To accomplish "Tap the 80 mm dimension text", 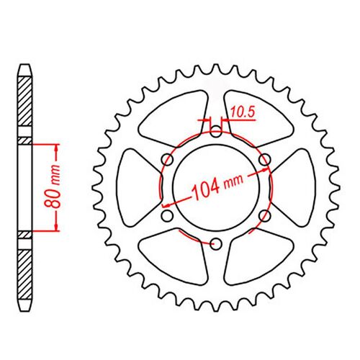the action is point(52,186).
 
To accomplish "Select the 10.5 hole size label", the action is point(243,112).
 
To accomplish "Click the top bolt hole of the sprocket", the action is point(216,132).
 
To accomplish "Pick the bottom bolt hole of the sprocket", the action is point(216,244).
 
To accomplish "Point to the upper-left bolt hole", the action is point(168,160).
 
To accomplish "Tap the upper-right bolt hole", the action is point(265,160).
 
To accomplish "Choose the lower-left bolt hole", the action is point(167,216).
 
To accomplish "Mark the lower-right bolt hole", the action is point(265,216).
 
